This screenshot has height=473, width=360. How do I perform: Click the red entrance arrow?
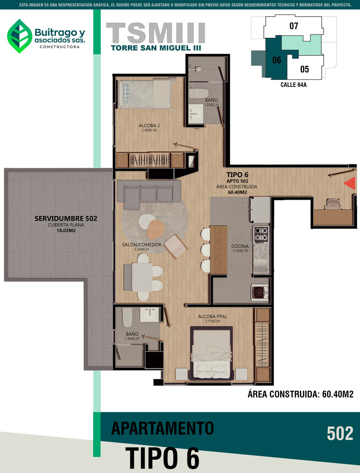[x=350, y=183]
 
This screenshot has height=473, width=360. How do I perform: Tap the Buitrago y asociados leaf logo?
[x=20, y=36]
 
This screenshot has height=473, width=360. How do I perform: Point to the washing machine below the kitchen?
[x=260, y=292]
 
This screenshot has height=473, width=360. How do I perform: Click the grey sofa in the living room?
[x=149, y=193]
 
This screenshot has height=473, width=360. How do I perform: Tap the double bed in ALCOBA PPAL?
[x=211, y=353]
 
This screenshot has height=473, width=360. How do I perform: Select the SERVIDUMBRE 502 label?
[x=66, y=218]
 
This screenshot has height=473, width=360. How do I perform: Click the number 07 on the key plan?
[x=294, y=26]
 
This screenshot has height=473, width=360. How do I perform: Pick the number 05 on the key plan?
[x=305, y=69]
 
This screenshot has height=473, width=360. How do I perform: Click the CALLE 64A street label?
[x=294, y=85]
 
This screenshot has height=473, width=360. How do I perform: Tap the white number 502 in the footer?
[x=340, y=433]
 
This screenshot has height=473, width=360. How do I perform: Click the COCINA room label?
[x=240, y=246]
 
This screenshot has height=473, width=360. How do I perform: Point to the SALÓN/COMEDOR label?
[x=142, y=245]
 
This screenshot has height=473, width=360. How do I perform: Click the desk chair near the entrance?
[x=333, y=204]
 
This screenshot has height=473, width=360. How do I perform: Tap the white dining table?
[x=142, y=277]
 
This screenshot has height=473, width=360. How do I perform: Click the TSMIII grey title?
[x=156, y=33]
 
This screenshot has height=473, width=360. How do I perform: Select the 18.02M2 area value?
[x=66, y=231]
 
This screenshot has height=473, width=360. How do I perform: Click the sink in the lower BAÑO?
[x=150, y=314]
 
